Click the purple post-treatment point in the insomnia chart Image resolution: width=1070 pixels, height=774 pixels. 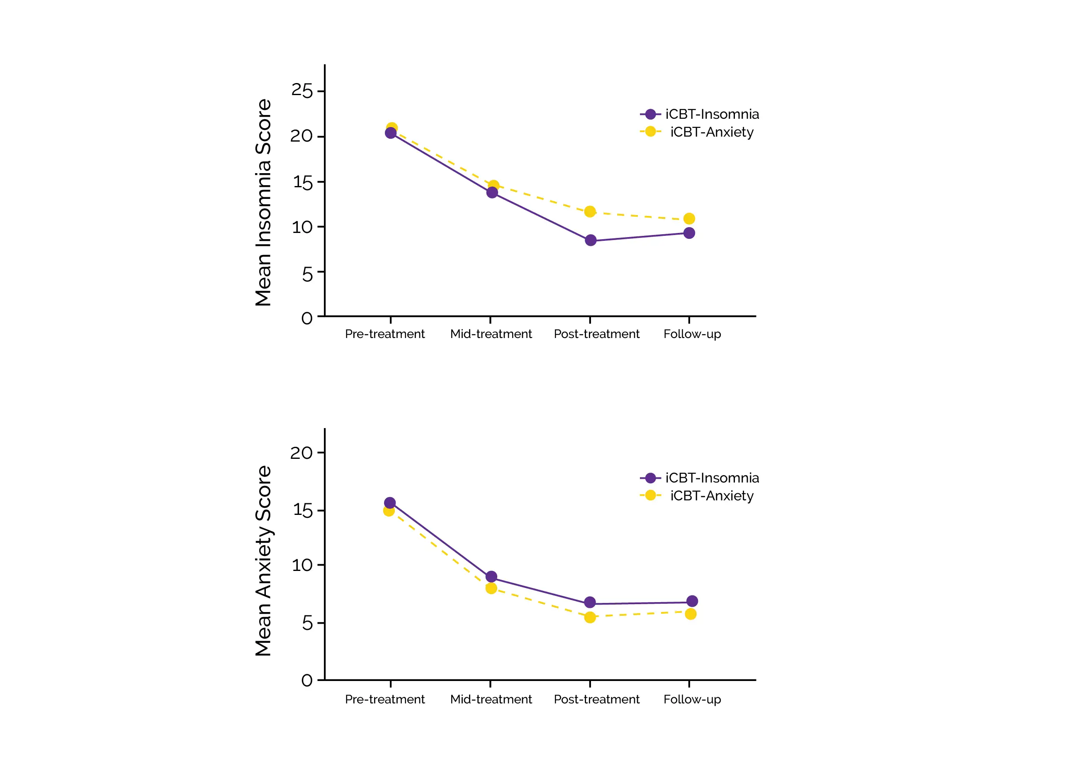(x=590, y=240)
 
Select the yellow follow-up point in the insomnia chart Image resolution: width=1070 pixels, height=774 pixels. (x=689, y=219)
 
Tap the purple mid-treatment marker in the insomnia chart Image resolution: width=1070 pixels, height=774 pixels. (x=492, y=192)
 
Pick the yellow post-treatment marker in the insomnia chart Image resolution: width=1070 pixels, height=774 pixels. (x=590, y=212)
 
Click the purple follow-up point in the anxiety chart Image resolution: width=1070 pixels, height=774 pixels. (x=692, y=601)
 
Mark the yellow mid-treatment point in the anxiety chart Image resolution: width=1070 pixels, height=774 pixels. (x=491, y=588)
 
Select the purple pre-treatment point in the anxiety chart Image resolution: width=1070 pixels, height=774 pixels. (x=390, y=503)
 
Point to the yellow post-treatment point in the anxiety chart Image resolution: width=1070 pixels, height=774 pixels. (x=590, y=617)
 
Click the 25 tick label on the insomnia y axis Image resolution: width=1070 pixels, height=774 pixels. (x=302, y=91)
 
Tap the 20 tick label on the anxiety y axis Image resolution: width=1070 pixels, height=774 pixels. (x=302, y=453)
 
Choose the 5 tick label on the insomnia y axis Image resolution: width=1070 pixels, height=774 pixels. (x=307, y=274)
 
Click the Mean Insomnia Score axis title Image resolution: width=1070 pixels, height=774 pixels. (x=263, y=203)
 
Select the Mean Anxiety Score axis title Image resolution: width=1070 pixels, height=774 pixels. (x=263, y=561)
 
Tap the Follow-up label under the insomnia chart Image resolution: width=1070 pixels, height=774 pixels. (x=692, y=334)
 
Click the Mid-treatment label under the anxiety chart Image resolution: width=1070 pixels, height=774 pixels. (x=491, y=699)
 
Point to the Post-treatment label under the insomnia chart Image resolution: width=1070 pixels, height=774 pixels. (x=596, y=334)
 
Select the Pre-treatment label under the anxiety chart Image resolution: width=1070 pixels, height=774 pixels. (x=384, y=699)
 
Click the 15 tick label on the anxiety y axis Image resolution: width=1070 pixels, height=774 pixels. (x=302, y=510)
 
